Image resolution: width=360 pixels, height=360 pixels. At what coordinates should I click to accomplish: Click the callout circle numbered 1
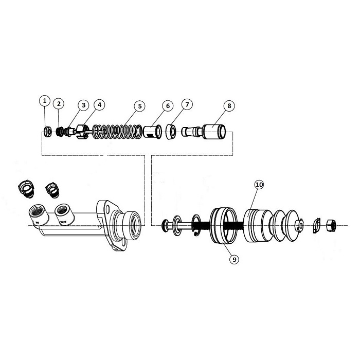point(45,100)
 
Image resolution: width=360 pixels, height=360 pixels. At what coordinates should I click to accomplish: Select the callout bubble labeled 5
point(139,106)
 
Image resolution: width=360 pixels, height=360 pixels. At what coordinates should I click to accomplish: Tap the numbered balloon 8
point(229,106)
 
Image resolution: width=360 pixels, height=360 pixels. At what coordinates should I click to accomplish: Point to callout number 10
point(259,184)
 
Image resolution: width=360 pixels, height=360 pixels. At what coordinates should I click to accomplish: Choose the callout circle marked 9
point(234,260)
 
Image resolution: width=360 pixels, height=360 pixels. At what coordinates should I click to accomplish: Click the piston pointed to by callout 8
point(212,132)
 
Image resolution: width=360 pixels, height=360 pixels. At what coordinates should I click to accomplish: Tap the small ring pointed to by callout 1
point(48,132)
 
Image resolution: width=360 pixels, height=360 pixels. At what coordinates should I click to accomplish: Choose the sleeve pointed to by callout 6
point(150,132)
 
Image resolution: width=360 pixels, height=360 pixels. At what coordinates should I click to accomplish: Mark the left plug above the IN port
point(26,188)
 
